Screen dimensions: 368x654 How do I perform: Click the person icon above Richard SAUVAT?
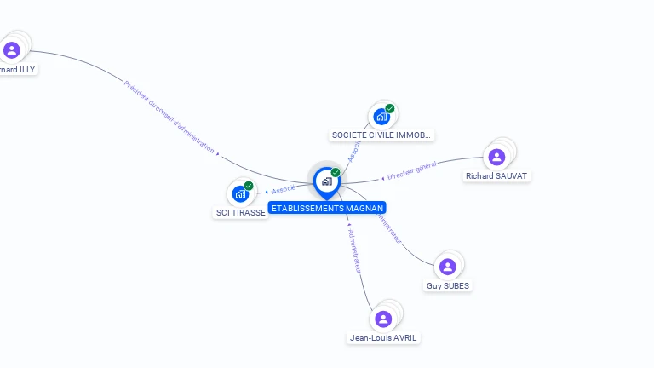click(x=497, y=157)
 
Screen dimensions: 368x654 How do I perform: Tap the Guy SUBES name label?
click(x=447, y=286)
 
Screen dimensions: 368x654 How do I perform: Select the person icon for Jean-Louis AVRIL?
click(x=383, y=319)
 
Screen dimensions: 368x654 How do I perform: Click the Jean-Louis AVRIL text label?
click(x=384, y=337)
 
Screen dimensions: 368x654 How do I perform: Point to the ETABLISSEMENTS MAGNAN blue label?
click(x=327, y=208)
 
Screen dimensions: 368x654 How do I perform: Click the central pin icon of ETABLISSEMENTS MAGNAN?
click(x=326, y=181)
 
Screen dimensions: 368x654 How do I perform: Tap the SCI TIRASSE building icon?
click(x=240, y=193)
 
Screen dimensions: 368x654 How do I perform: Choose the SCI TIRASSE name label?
click(x=241, y=212)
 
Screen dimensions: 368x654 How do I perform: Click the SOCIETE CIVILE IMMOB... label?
click(x=382, y=135)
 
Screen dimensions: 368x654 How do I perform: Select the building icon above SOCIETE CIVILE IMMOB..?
click(x=381, y=117)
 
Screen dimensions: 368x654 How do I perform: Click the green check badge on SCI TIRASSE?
click(x=249, y=186)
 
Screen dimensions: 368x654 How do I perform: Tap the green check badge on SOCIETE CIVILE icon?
click(x=390, y=108)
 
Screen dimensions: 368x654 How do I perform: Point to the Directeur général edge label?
click(x=411, y=170)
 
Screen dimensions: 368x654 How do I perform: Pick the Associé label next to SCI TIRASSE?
click(x=284, y=189)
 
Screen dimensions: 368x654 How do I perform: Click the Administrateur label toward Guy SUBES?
click(x=388, y=227)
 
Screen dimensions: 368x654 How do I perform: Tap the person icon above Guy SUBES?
click(x=448, y=267)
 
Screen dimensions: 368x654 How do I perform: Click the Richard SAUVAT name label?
click(x=496, y=175)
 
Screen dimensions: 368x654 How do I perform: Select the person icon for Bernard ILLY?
click(x=12, y=49)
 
